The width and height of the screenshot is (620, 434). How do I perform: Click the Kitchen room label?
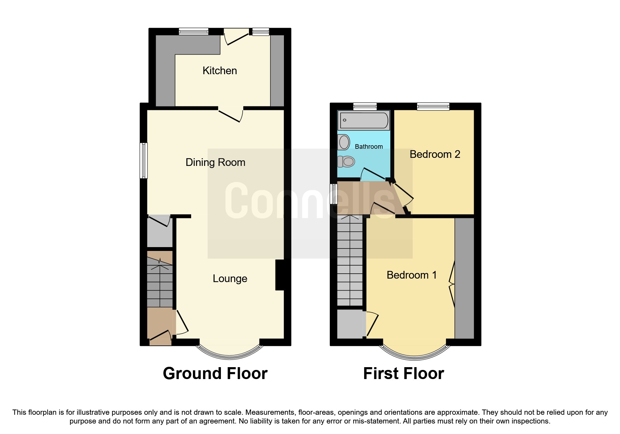point(220,71)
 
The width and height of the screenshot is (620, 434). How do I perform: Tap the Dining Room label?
point(215,162)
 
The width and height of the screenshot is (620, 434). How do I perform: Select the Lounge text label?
point(230,279)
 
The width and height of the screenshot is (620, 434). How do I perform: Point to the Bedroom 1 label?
point(411,275)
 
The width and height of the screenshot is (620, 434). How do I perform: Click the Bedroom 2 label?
point(434,154)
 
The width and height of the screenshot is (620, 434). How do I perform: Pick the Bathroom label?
point(369,147)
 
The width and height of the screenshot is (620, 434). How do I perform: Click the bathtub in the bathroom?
point(364,120)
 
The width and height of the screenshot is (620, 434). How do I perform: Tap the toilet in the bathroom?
point(347,161)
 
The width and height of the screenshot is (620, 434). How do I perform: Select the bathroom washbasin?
point(344,142)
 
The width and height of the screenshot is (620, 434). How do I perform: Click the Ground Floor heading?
point(215,373)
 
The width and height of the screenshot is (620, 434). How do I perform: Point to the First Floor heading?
point(403,373)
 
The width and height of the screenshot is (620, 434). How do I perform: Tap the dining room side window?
point(144,160)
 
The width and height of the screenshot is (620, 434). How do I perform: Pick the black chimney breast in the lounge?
point(280,275)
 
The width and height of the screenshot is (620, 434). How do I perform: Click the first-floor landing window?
point(334,194)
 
